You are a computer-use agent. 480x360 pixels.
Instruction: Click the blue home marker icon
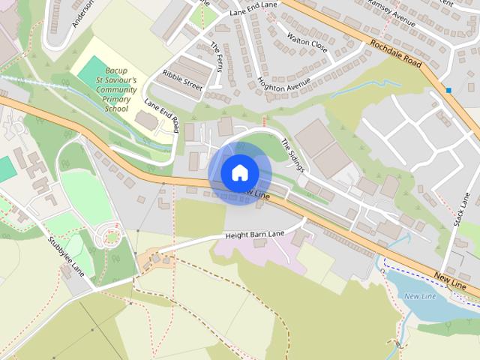pyautogui.click(x=238, y=172)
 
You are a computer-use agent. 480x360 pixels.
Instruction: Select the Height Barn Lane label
pyautogui.click(x=255, y=235)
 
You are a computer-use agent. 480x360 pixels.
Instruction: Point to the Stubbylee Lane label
pyautogui.click(x=67, y=259)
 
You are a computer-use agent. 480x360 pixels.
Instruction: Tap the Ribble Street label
pyautogui.click(x=182, y=80)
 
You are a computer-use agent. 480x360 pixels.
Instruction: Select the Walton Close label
pyautogui.click(x=307, y=39)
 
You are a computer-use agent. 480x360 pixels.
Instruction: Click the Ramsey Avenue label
pyautogui.click(x=391, y=13)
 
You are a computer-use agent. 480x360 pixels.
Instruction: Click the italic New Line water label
pyautogui.click(x=420, y=296)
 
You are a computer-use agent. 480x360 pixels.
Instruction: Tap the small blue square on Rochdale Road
pyautogui.click(x=448, y=90)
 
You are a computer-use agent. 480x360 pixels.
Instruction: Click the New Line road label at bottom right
pyautogui.click(x=450, y=282)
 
